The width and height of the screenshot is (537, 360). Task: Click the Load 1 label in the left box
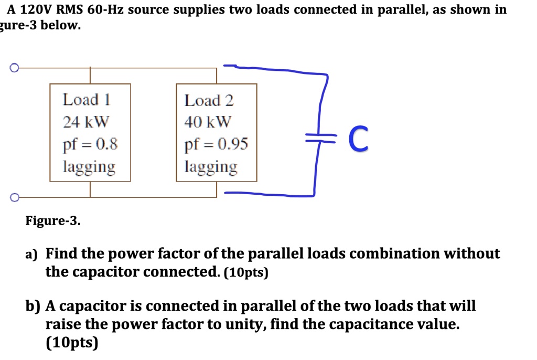(x=87, y=99)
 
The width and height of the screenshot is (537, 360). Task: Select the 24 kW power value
(x=86, y=122)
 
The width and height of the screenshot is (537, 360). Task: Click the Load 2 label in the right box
(x=209, y=100)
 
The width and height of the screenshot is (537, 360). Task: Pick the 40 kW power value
(x=208, y=122)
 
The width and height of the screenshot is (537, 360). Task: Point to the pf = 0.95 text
(x=217, y=144)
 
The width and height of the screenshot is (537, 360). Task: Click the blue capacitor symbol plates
(x=319, y=137)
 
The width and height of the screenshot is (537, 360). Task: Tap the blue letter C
(x=358, y=139)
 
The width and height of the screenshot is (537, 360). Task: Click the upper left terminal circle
(x=14, y=68)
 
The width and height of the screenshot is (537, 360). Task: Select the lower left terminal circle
(x=14, y=197)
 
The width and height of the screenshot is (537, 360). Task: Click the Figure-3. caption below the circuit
(x=53, y=221)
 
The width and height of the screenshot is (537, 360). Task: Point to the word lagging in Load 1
(x=89, y=167)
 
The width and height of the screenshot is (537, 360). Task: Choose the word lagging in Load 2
(x=211, y=167)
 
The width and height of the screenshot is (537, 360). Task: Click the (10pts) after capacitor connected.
(x=245, y=273)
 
